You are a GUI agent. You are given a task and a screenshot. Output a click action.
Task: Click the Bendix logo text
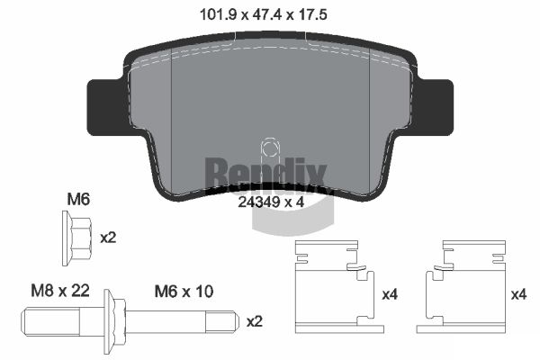(265, 169)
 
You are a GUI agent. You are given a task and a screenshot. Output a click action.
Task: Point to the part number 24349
(256, 202)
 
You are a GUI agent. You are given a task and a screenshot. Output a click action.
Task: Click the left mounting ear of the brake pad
(103, 105)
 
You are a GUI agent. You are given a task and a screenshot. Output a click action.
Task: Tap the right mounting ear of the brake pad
(435, 105)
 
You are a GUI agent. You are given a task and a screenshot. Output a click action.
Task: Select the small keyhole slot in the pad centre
(268, 149)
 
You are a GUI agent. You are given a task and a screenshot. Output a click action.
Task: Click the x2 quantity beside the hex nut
(108, 238)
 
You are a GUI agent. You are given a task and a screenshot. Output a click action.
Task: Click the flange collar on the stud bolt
(110, 321)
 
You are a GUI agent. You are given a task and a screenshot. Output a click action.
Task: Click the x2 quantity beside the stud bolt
(256, 321)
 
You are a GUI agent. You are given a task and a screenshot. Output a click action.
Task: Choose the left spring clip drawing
(335, 283)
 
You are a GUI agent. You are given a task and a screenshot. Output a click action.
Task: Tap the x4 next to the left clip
(391, 295)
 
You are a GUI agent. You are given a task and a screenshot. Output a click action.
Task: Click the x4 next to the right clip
(518, 295)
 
